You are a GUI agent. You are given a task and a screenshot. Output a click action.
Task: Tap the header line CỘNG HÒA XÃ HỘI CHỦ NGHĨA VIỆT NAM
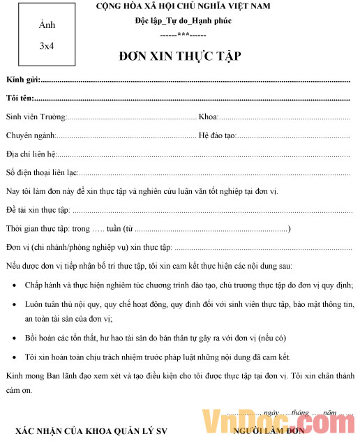click(x=183, y=7)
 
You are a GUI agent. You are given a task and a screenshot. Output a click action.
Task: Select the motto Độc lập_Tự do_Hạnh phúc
click(x=183, y=21)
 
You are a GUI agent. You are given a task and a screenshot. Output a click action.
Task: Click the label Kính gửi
click(x=23, y=81)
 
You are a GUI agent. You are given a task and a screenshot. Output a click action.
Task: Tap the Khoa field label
click(x=209, y=117)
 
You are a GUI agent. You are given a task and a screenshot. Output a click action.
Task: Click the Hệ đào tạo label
click(x=218, y=135)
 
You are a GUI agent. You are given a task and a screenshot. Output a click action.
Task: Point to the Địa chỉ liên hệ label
click(x=31, y=154)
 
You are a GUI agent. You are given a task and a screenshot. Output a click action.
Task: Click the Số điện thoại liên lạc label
click(x=41, y=173)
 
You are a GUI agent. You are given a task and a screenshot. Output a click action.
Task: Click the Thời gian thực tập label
click(x=38, y=229)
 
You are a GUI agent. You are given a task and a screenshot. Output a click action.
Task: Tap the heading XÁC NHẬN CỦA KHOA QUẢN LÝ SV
click(x=91, y=432)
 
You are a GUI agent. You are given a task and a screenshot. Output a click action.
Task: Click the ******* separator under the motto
click(x=183, y=33)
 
